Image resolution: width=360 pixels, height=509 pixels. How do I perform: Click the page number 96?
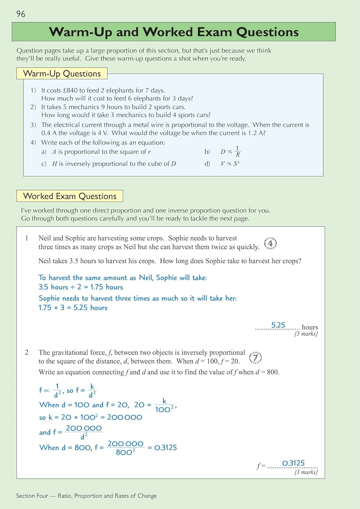tap(21, 14)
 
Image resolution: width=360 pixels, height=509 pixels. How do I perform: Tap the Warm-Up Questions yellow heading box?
tap(62, 73)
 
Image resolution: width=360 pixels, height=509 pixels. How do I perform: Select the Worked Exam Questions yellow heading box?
tap(70, 196)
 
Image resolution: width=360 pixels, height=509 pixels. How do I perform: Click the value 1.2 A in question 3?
tap(256, 133)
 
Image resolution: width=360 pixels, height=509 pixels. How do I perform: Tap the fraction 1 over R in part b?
tap(238, 151)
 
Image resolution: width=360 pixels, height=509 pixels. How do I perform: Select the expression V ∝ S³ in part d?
tap(230, 164)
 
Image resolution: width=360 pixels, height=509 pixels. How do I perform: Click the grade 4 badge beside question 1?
tap(270, 243)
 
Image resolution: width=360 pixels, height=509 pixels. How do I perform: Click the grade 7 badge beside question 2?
tap(255, 357)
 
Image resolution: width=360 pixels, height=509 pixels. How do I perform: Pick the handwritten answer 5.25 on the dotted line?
tap(278, 325)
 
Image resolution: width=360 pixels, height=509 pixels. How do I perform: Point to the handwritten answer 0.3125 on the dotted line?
tap(293, 463)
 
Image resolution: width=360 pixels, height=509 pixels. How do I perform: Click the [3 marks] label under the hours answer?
tap(306, 334)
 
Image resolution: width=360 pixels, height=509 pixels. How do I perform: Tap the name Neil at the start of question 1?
tap(45, 238)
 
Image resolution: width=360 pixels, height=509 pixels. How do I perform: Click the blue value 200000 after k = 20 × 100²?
tap(125, 417)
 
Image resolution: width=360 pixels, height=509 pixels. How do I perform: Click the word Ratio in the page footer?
tap(64, 496)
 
